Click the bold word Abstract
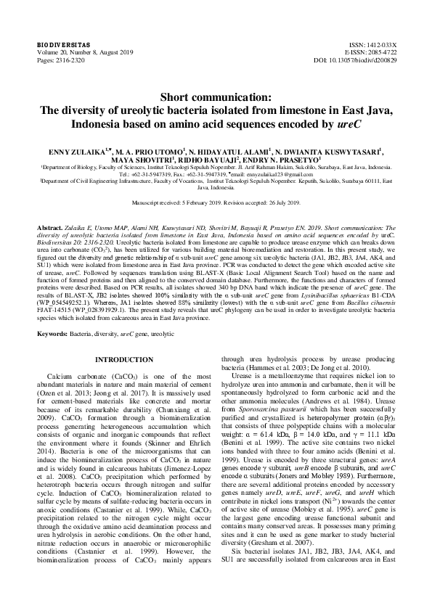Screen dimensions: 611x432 pos(50,226)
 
